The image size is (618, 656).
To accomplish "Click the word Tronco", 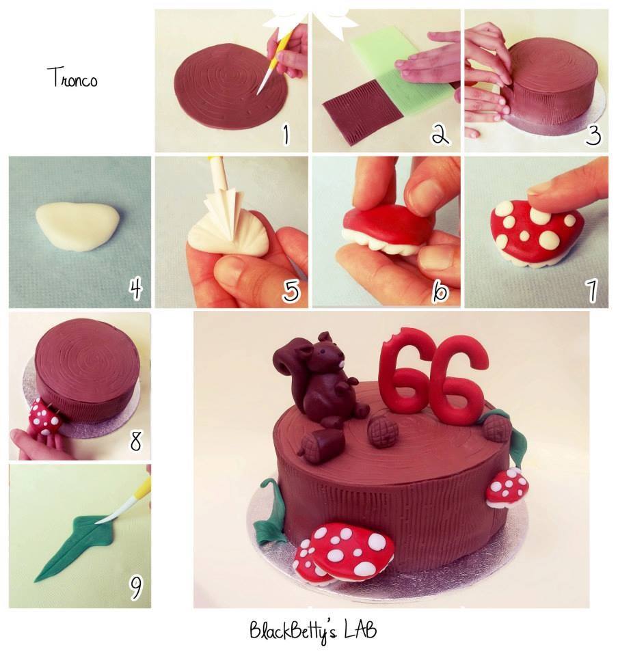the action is click(x=72, y=77).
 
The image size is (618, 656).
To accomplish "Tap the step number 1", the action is click(x=286, y=135).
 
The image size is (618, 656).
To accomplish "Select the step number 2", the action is click(x=440, y=135).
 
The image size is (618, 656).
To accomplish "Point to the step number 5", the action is click(x=291, y=290).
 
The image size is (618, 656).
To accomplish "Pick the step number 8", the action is click(x=135, y=441).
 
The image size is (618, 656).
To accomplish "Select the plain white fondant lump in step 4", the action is click(x=77, y=226).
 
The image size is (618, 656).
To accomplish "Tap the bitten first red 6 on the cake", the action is click(x=404, y=378).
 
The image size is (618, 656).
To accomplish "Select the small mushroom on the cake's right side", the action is click(x=507, y=487).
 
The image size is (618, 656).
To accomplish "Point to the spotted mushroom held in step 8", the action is click(x=45, y=417).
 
